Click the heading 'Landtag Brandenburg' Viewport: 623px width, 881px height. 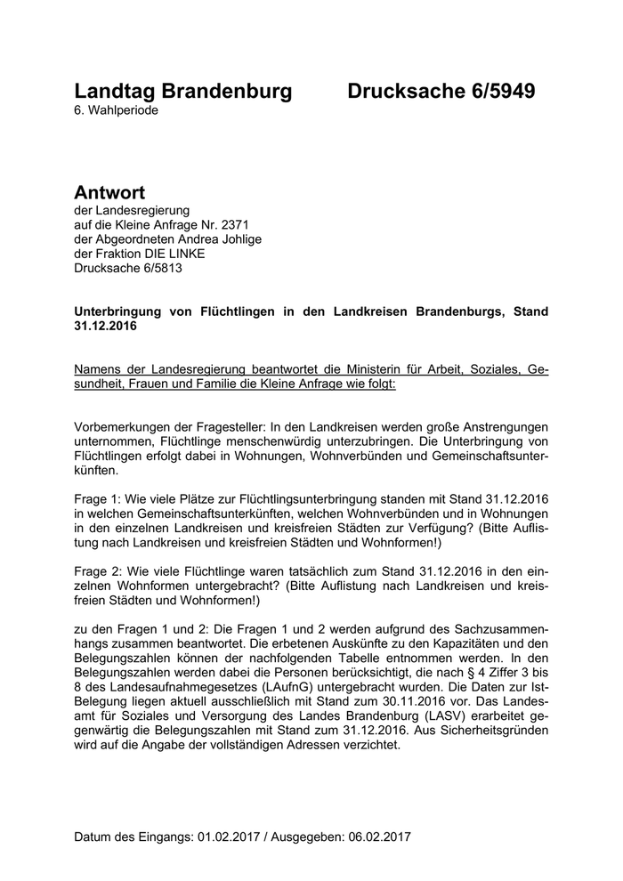pyautogui.click(x=182, y=91)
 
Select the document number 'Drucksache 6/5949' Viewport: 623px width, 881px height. pyautogui.click(x=441, y=91)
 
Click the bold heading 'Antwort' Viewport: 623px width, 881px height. pyautogui.click(x=109, y=192)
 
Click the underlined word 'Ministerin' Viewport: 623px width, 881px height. pyautogui.click(x=374, y=368)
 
